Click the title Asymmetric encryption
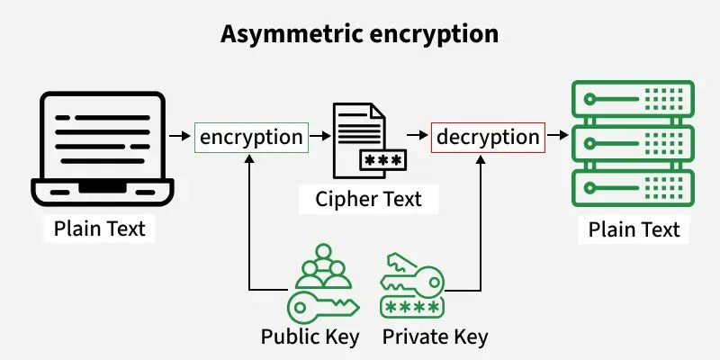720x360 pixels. pyautogui.click(x=360, y=34)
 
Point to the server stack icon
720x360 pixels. pyautogui.click(x=633, y=144)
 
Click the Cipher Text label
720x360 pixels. pyautogui.click(x=368, y=199)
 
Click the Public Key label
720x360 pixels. pyautogui.click(x=310, y=337)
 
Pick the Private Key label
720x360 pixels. pyautogui.click(x=435, y=337)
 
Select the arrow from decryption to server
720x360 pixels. pyautogui.click(x=558, y=137)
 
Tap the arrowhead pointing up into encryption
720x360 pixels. pyautogui.click(x=250, y=158)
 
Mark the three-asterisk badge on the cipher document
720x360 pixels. pyautogui.click(x=380, y=160)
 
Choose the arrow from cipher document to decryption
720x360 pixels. pyautogui.click(x=415, y=137)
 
